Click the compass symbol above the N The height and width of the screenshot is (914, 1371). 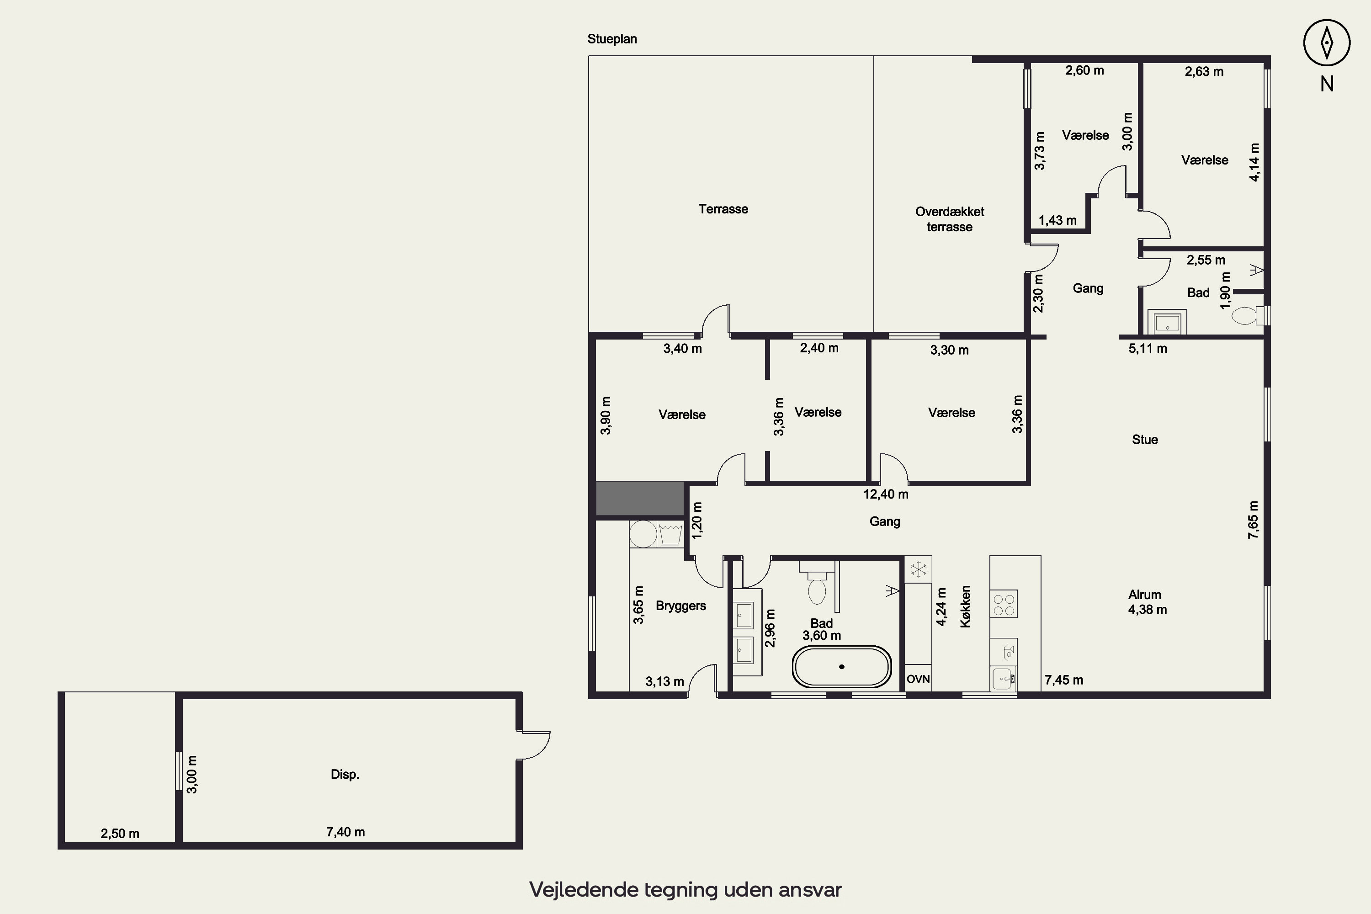[1327, 43]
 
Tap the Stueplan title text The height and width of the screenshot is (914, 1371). [612, 39]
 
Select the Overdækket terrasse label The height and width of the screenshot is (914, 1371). [950, 219]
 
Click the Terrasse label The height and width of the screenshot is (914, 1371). [723, 209]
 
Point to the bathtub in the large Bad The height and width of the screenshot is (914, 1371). [841, 666]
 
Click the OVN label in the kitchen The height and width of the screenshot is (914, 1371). [918, 679]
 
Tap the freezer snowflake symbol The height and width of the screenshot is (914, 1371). [919, 569]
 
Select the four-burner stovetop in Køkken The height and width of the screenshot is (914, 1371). [1004, 604]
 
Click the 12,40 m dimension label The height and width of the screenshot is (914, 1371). [886, 494]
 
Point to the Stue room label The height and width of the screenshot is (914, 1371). [1145, 440]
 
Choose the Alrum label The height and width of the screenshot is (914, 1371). [1145, 595]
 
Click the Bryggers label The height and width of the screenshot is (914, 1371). [681, 606]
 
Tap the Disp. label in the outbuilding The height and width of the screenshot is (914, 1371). [345, 774]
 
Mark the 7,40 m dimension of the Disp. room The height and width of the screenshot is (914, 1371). [345, 832]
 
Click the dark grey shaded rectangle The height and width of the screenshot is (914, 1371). [640, 498]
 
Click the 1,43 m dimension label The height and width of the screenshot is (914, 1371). [1057, 220]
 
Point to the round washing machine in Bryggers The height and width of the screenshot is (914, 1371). [643, 534]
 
